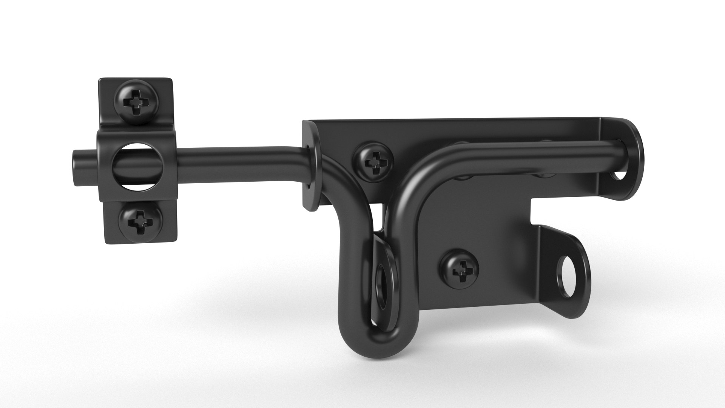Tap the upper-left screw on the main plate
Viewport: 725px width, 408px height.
374,162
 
